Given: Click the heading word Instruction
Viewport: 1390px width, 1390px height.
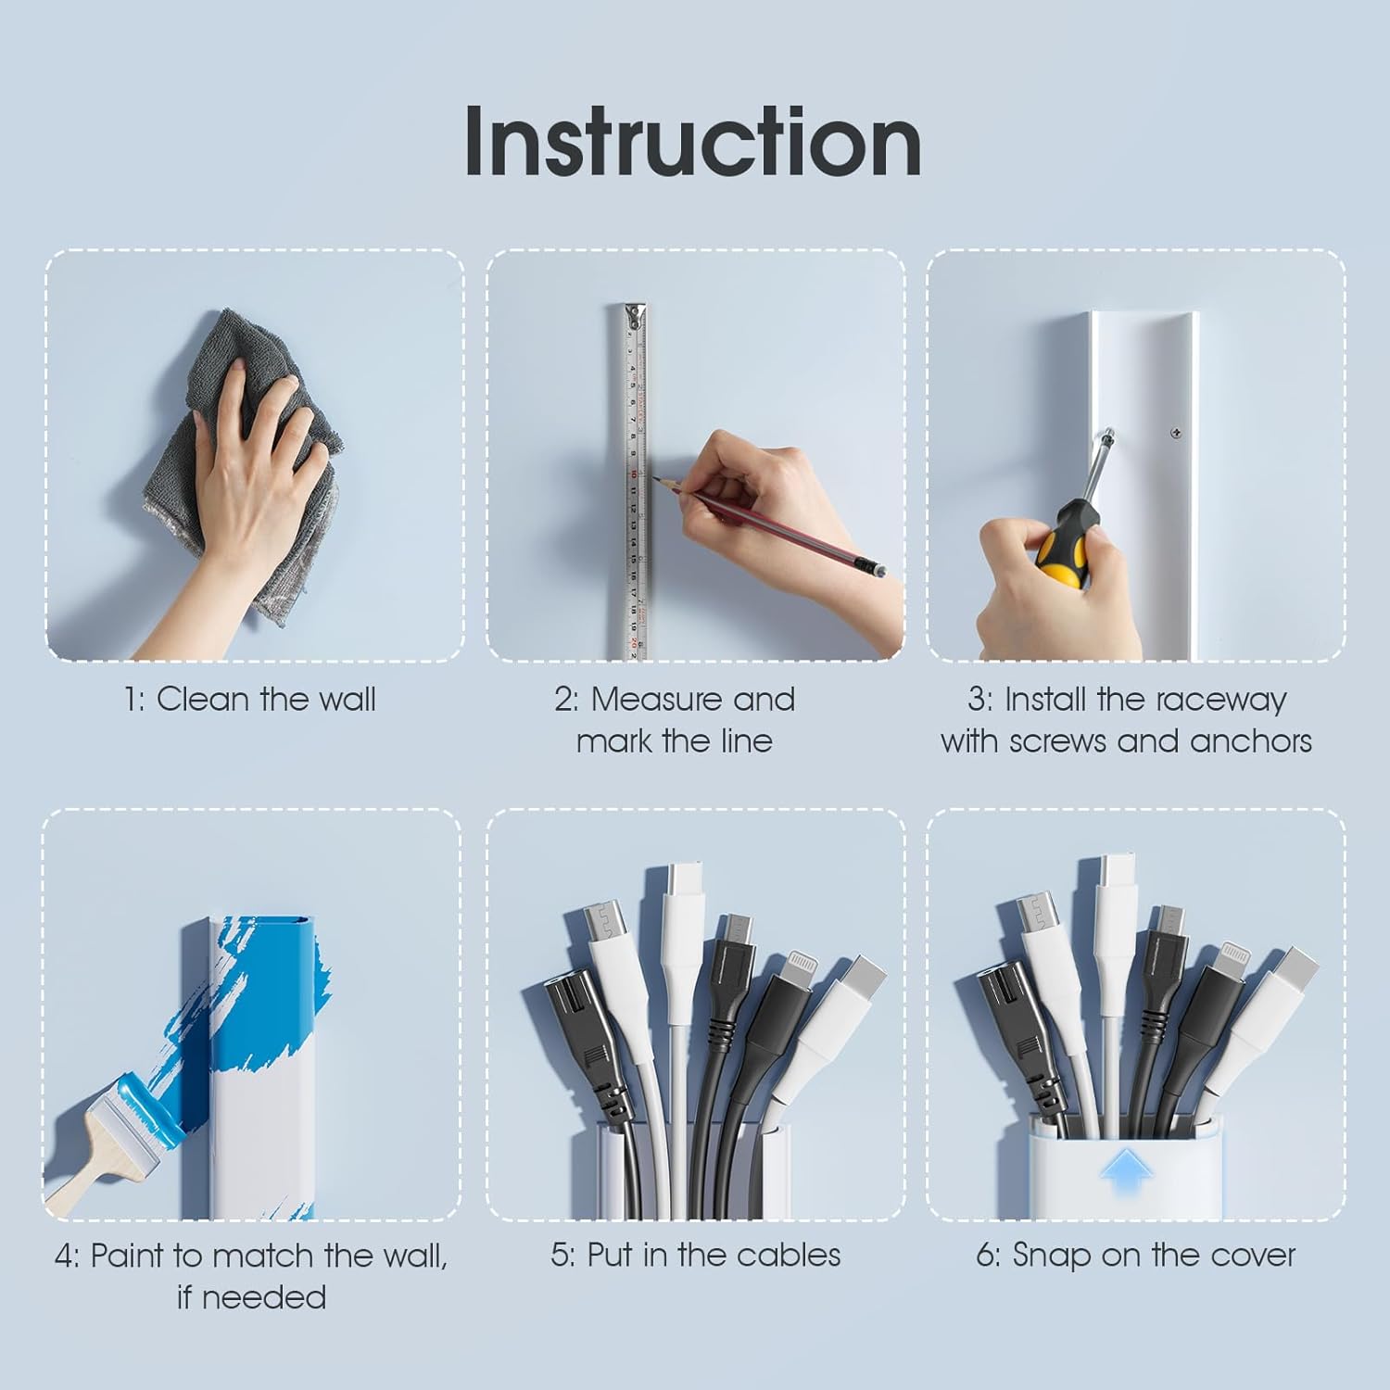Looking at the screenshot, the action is (x=693, y=141).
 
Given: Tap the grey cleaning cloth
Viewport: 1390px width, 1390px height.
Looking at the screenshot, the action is (x=241, y=463).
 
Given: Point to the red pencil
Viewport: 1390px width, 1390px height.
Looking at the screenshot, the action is (x=769, y=524).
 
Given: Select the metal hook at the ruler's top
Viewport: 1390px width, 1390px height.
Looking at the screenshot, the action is (x=634, y=315).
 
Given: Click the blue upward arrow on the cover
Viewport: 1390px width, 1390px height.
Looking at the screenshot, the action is (x=1126, y=1176).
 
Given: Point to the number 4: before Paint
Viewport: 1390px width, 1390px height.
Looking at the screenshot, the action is (x=67, y=1257).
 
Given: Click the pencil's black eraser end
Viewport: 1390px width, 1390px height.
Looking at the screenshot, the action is (x=869, y=567).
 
